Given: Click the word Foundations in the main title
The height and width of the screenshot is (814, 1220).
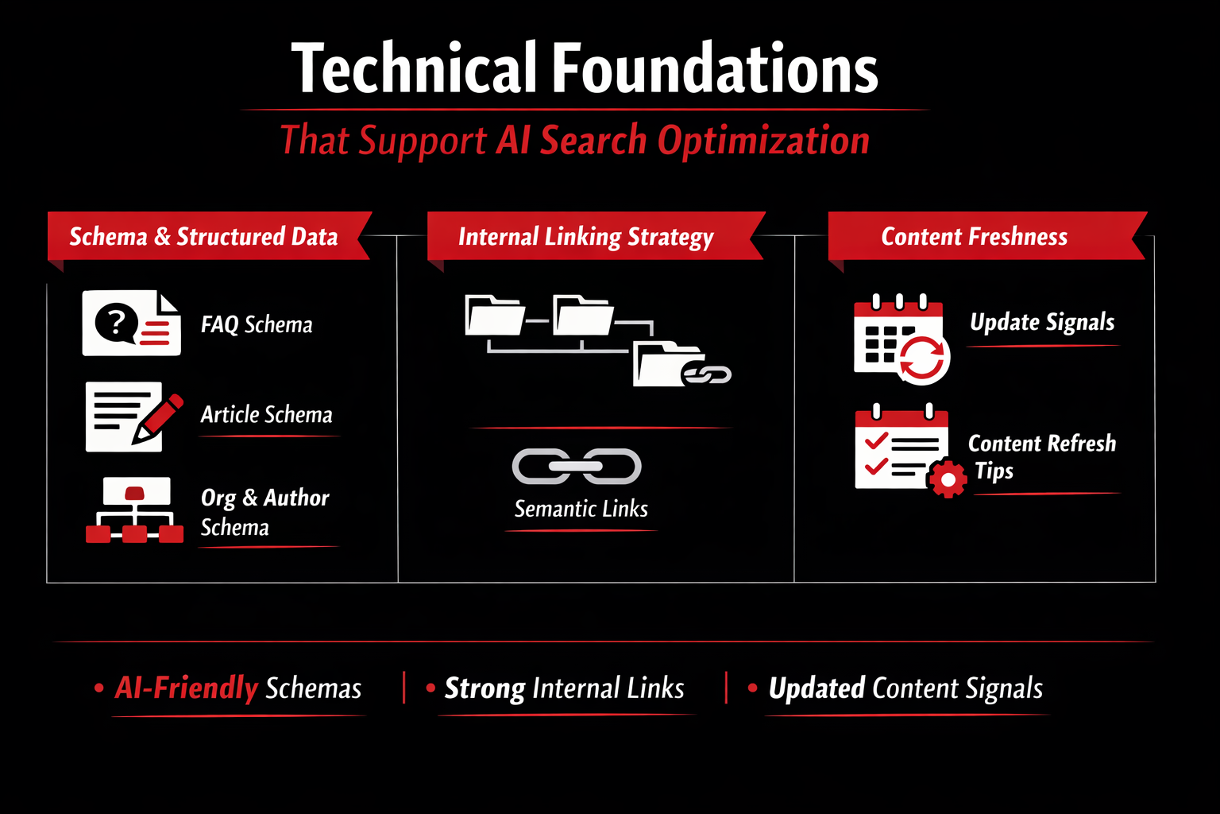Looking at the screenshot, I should point(715,69).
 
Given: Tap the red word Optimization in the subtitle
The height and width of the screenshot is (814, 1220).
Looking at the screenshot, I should point(763,141).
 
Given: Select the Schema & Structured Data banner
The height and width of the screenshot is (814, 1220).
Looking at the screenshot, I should point(203,236).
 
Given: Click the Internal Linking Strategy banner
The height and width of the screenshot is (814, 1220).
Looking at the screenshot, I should point(586,236).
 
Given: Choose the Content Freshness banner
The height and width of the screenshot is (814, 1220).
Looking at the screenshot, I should point(974,236).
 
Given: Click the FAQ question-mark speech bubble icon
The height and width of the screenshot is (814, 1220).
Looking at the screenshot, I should point(116,322).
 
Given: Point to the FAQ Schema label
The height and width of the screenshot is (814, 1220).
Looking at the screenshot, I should point(257,324).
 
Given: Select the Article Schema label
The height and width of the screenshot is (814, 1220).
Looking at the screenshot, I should point(266,414).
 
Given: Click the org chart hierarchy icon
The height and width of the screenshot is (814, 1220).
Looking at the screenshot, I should point(134,510).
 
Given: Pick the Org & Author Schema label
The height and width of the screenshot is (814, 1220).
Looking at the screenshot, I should point(264,512).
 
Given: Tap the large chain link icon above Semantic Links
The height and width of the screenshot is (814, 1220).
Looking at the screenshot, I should point(577,467).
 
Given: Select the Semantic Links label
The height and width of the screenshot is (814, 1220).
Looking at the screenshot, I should point(581,509).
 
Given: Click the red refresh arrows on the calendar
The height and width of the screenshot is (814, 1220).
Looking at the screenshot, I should point(923,359).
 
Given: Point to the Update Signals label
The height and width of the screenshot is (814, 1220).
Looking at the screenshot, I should point(1042,322).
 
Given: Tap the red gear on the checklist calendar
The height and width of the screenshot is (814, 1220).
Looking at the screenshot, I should point(947,479).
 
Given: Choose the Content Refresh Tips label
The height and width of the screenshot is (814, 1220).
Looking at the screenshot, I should point(1041,456).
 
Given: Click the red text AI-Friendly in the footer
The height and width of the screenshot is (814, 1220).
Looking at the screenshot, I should point(187,688).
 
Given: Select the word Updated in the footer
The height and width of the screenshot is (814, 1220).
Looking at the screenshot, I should point(817,688).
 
